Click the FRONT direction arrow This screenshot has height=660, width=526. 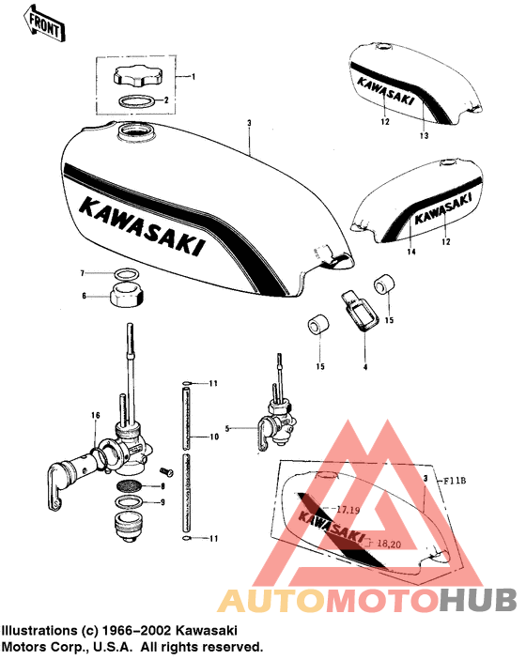(x=44, y=24)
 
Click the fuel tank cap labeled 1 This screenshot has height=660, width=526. (x=137, y=76)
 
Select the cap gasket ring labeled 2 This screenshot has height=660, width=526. (x=135, y=101)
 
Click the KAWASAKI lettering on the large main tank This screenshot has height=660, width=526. (x=142, y=225)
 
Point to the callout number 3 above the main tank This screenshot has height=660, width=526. (x=249, y=123)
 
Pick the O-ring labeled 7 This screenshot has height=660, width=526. (x=128, y=274)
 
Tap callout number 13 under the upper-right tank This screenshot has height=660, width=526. (x=424, y=135)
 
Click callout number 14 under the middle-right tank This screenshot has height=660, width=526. (x=411, y=252)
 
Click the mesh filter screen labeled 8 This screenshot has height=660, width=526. (x=129, y=485)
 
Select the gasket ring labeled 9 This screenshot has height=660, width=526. (x=129, y=501)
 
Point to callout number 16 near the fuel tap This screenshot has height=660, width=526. (x=96, y=416)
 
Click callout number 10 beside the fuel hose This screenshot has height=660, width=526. (x=214, y=437)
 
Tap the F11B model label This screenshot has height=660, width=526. (x=455, y=481)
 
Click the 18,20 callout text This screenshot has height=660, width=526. (x=389, y=544)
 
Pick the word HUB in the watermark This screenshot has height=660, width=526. (x=478, y=600)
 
